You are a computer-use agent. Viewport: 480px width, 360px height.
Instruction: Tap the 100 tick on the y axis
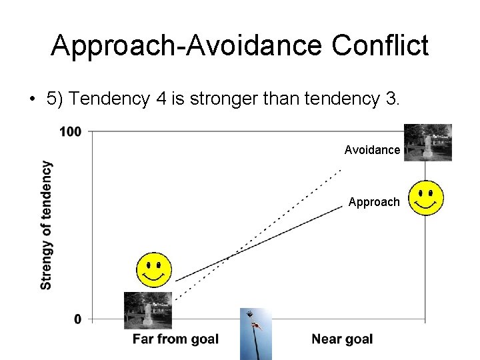[70, 131]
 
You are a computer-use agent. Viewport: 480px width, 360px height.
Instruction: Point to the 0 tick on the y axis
[78, 319]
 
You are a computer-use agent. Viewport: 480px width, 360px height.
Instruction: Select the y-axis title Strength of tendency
[46, 225]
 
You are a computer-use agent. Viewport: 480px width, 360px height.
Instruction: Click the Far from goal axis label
[175, 339]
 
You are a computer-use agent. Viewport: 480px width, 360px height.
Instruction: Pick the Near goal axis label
[342, 339]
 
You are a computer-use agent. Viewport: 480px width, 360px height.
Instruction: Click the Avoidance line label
[372, 151]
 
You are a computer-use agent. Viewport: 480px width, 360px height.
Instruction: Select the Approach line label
[374, 202]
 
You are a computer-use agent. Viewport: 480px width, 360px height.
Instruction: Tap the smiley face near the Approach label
[427, 198]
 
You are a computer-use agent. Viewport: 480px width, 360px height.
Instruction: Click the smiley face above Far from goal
[154, 270]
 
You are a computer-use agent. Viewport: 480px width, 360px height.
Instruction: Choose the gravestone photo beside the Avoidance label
[427, 142]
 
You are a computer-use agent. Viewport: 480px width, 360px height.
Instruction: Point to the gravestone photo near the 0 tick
[148, 310]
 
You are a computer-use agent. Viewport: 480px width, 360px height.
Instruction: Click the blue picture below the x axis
[256, 333]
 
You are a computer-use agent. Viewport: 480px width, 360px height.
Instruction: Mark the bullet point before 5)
[31, 100]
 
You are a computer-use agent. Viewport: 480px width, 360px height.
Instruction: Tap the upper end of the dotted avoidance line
[341, 171]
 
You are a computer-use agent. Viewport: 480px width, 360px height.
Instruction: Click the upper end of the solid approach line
[341, 206]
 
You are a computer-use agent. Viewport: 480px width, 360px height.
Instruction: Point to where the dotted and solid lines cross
[228, 257]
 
